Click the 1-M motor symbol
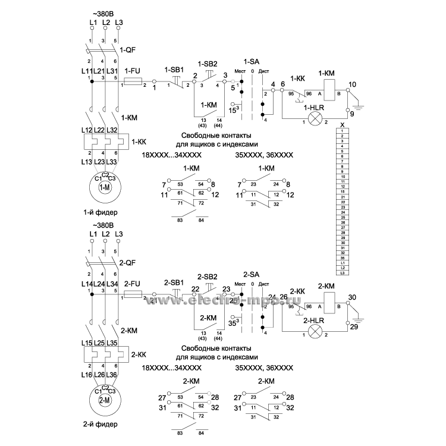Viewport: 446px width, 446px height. point(105,187)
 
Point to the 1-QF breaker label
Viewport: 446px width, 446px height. point(128,51)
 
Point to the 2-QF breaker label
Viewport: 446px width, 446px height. point(128,263)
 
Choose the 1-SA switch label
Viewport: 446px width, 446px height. point(252,61)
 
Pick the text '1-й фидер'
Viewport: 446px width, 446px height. point(100,212)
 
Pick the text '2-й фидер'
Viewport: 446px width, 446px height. point(100,425)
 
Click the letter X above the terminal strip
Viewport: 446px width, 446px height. point(342,124)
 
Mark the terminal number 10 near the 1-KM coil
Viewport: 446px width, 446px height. point(352,84)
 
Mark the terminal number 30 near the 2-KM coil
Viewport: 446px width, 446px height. point(352,297)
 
